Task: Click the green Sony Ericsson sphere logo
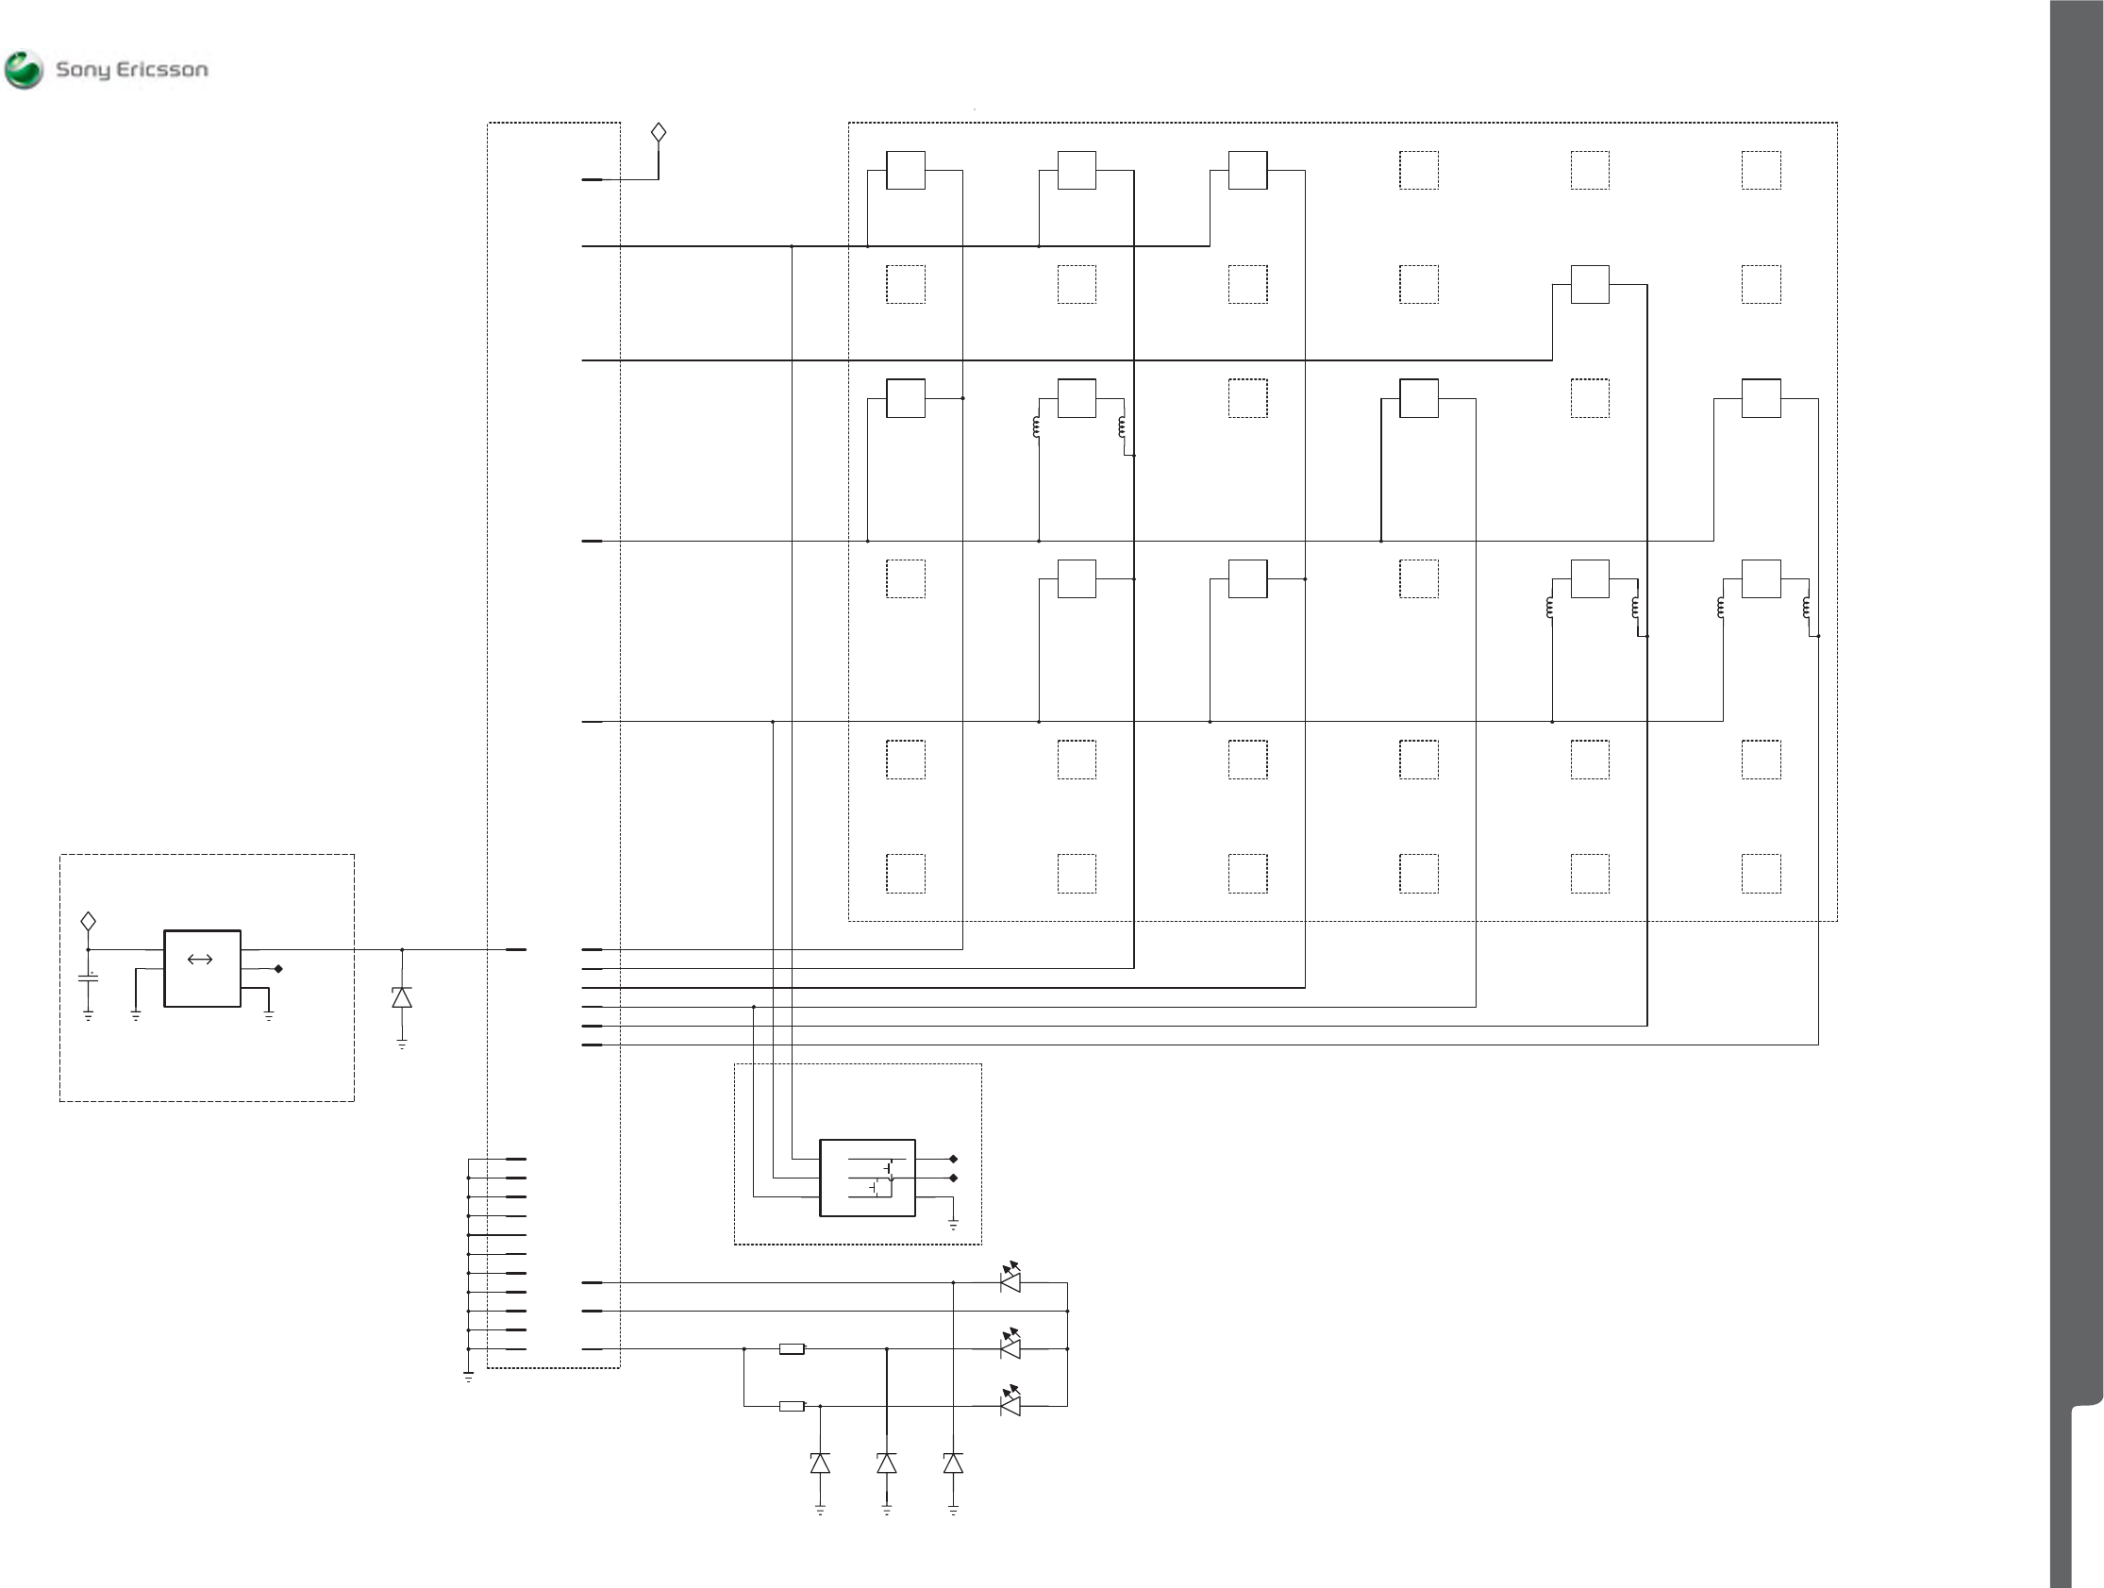(x=24, y=70)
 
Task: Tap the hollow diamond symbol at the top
(x=659, y=132)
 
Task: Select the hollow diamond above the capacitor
(x=89, y=921)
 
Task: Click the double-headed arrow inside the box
(x=200, y=959)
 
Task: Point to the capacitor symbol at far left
(x=89, y=978)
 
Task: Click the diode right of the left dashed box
(x=402, y=997)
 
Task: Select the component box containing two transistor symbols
(x=867, y=1178)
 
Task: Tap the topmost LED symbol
(x=1010, y=1280)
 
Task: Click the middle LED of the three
(x=1010, y=1347)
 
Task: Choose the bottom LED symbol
(x=1010, y=1404)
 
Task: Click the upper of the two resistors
(x=792, y=1349)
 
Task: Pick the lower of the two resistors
(x=792, y=1406)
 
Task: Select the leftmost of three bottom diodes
(x=820, y=1463)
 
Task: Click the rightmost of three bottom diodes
(x=953, y=1463)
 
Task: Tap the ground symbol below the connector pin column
(x=468, y=1376)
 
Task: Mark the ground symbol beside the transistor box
(x=953, y=1225)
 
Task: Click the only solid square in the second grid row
(x=1590, y=285)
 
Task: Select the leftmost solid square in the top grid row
(x=906, y=171)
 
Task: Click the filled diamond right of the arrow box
(x=278, y=969)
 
